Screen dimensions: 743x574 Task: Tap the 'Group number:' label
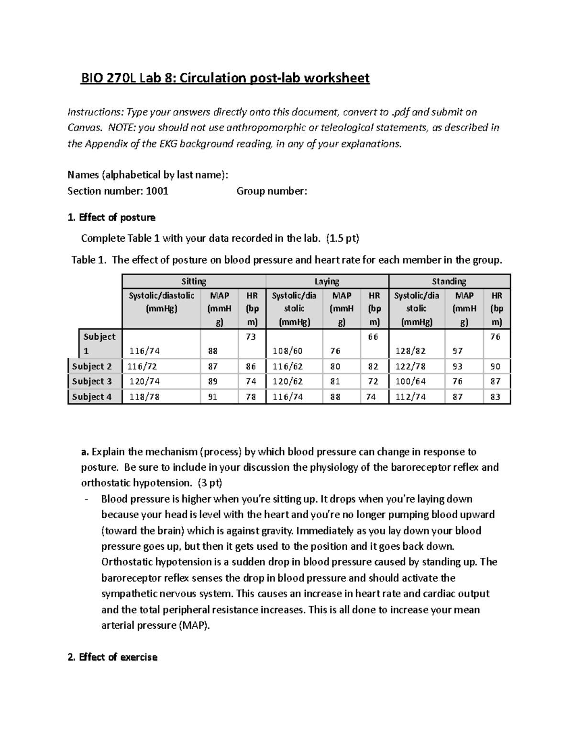click(272, 191)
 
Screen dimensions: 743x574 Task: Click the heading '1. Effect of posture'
click(111, 218)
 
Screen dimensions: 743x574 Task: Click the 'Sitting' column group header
click(194, 281)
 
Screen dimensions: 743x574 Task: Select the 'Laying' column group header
click(327, 281)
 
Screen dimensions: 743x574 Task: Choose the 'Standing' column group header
click(449, 281)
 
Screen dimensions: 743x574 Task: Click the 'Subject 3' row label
click(92, 381)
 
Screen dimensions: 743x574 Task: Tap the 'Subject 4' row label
click(92, 397)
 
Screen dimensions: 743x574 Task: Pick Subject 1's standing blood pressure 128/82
click(410, 351)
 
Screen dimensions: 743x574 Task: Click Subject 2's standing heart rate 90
click(495, 366)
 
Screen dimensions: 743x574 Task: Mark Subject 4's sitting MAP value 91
click(212, 397)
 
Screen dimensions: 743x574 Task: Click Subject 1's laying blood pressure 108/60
click(287, 351)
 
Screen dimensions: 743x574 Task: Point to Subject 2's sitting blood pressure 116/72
click(142, 366)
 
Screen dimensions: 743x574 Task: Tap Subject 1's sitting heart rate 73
click(251, 337)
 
